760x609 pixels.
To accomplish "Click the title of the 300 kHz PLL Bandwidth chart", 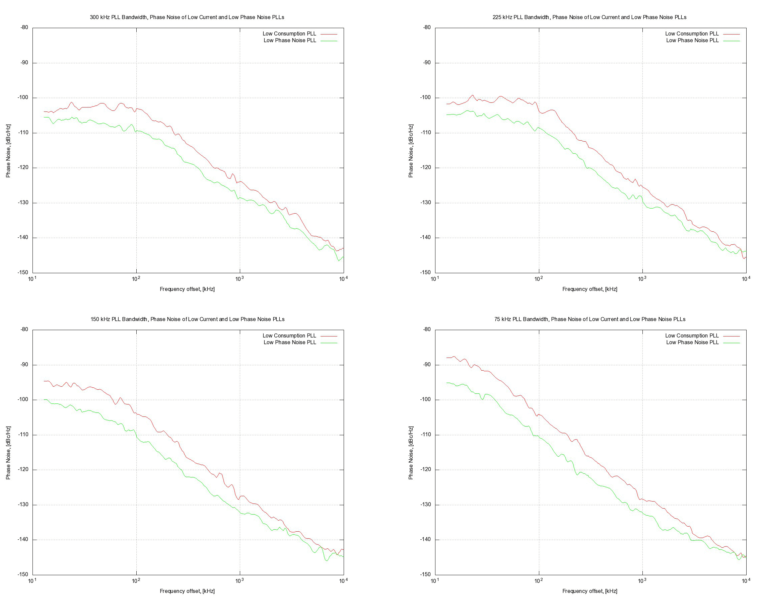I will [187, 17].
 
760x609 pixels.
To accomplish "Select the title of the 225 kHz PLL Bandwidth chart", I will [590, 17].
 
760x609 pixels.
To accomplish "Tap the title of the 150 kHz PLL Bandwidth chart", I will [187, 319].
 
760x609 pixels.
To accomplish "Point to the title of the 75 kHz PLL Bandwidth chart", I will [590, 319].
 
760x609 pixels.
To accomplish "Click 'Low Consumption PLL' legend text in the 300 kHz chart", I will [289, 34].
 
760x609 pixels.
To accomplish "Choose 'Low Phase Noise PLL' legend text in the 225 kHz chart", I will [692, 41].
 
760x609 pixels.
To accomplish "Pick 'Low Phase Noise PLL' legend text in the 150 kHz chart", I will [290, 342].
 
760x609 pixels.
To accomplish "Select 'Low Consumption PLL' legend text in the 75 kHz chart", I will [692, 336].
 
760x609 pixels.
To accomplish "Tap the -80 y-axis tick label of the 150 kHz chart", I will [24, 329].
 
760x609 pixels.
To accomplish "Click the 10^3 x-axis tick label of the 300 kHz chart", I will [239, 279].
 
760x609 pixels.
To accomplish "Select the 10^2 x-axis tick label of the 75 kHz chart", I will [538, 581].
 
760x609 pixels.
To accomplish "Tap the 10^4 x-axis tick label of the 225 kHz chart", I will [746, 279].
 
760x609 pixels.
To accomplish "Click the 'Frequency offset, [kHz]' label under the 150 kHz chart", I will [187, 591].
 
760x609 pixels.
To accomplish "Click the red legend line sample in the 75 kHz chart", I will [732, 336].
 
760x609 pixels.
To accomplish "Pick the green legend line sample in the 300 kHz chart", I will [329, 41].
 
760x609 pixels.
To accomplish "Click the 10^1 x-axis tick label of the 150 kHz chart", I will [32, 581].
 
